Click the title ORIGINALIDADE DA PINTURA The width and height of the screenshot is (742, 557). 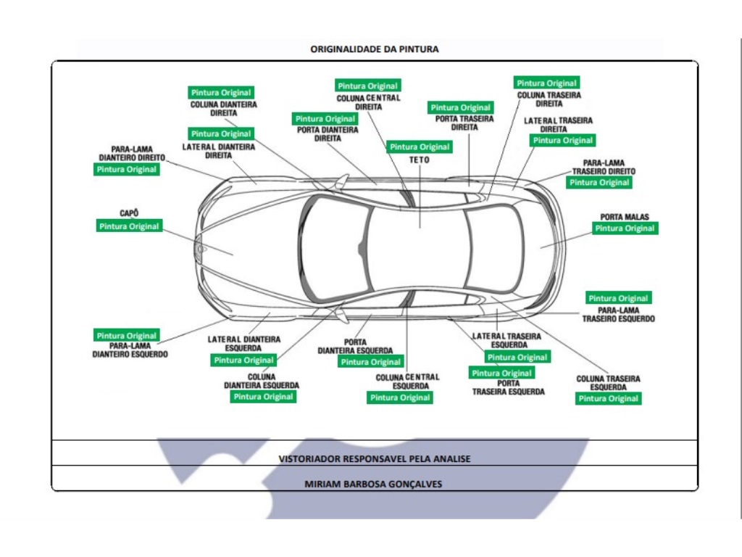point(374,49)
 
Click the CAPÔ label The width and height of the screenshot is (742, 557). point(129,213)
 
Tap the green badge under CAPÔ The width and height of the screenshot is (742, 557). point(129,226)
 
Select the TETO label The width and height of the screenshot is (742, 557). point(419,160)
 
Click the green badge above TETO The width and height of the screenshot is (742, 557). point(420,147)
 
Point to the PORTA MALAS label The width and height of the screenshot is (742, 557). point(625,216)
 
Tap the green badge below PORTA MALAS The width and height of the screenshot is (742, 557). point(625,228)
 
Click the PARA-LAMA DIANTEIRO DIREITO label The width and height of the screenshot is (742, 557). point(132,153)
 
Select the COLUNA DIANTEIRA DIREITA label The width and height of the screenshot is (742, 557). point(223,109)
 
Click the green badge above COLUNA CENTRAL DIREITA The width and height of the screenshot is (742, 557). point(367,86)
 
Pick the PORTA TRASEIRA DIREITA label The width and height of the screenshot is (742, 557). point(464,123)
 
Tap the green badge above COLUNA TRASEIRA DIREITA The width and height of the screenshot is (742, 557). point(546,83)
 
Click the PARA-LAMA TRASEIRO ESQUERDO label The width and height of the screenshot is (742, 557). point(618,315)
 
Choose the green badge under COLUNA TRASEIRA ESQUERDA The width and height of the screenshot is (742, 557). point(609,398)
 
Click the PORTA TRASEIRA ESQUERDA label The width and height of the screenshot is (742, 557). point(508,387)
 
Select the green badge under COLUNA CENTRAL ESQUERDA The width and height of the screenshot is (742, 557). point(400,397)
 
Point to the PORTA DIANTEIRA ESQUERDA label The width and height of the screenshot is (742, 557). point(355,346)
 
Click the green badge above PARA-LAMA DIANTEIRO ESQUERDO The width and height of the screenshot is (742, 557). point(127,336)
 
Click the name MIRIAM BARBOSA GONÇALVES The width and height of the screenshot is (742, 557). point(373,484)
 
